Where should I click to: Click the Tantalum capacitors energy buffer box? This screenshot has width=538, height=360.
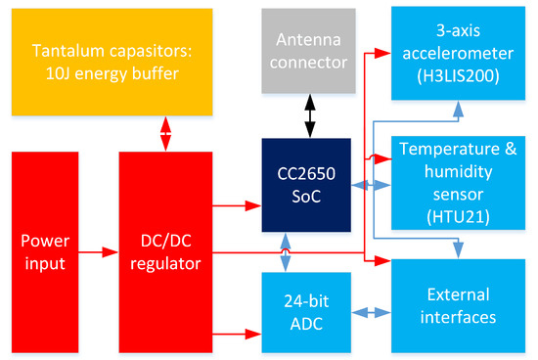coord(112,62)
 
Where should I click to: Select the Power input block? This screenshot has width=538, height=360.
coord(45,252)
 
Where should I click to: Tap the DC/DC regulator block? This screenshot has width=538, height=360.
coord(165,252)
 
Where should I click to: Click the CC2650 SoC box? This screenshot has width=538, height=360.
coord(306,185)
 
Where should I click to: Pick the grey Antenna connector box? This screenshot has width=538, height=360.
coord(308,51)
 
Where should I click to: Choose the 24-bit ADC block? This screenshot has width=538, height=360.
coord(306,313)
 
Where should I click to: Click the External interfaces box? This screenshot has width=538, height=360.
coord(458,306)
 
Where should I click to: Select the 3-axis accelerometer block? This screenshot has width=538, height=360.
coord(458,53)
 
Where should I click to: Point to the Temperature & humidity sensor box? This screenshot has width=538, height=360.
coord(458,183)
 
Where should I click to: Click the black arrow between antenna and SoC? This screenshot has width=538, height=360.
coord(310,116)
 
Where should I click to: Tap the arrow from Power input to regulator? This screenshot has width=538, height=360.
coord(99,252)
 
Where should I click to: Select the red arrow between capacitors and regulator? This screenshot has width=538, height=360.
coord(165,134)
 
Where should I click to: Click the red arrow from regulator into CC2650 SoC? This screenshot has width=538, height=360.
coord(237,205)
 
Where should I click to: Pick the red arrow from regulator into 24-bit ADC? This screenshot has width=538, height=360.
coord(237,334)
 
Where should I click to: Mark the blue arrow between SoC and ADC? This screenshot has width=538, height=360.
coord(286,252)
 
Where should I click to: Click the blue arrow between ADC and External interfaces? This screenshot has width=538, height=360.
coord(372,313)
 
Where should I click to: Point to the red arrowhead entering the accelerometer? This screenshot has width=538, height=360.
coord(382,53)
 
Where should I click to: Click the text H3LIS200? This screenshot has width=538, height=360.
coord(458,76)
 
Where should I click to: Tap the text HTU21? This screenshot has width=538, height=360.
coord(458,216)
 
